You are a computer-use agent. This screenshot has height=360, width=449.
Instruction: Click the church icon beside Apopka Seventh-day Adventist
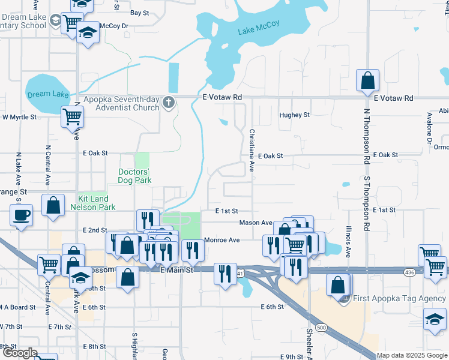click(169, 104)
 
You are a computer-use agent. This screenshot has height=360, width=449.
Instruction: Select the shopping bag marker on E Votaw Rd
click(367, 80)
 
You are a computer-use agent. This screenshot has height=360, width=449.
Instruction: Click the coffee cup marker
click(22, 215)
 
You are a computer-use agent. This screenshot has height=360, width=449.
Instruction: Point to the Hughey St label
click(294, 115)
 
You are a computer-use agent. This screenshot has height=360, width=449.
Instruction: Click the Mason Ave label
click(256, 223)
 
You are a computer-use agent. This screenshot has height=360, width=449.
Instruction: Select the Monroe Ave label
click(221, 240)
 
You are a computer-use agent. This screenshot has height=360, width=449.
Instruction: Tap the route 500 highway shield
click(321, 328)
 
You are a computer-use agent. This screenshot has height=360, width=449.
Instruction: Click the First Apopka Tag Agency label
click(399, 299)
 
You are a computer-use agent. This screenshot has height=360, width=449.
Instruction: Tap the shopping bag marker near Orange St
click(53, 205)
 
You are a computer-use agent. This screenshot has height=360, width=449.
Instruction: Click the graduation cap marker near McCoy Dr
click(88, 33)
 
